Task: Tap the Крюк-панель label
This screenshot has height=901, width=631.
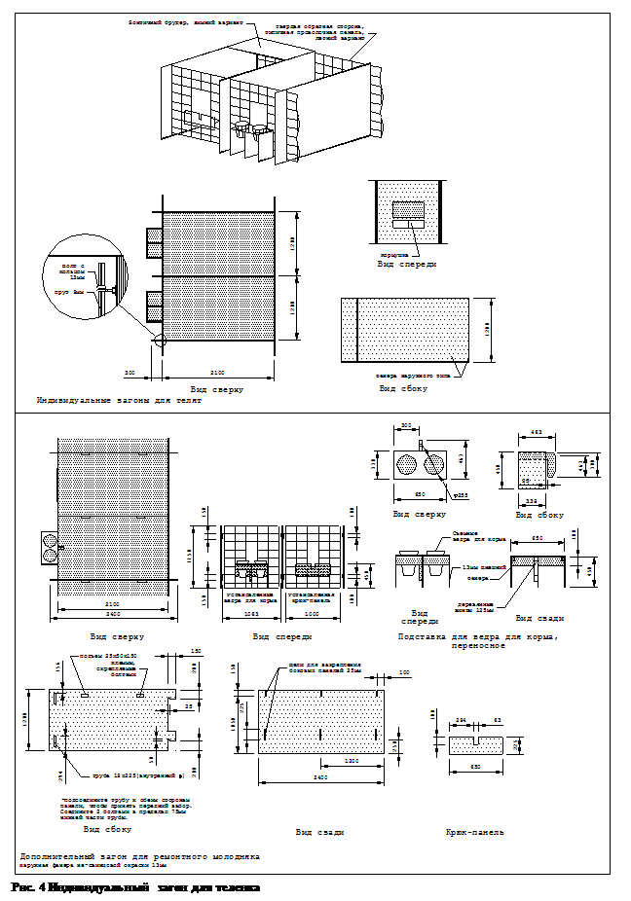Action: point(474,832)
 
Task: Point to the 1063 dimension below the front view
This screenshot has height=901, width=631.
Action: point(251,614)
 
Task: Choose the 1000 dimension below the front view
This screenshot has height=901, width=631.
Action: point(312,614)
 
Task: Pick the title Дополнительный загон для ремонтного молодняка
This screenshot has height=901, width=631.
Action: point(139,856)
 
